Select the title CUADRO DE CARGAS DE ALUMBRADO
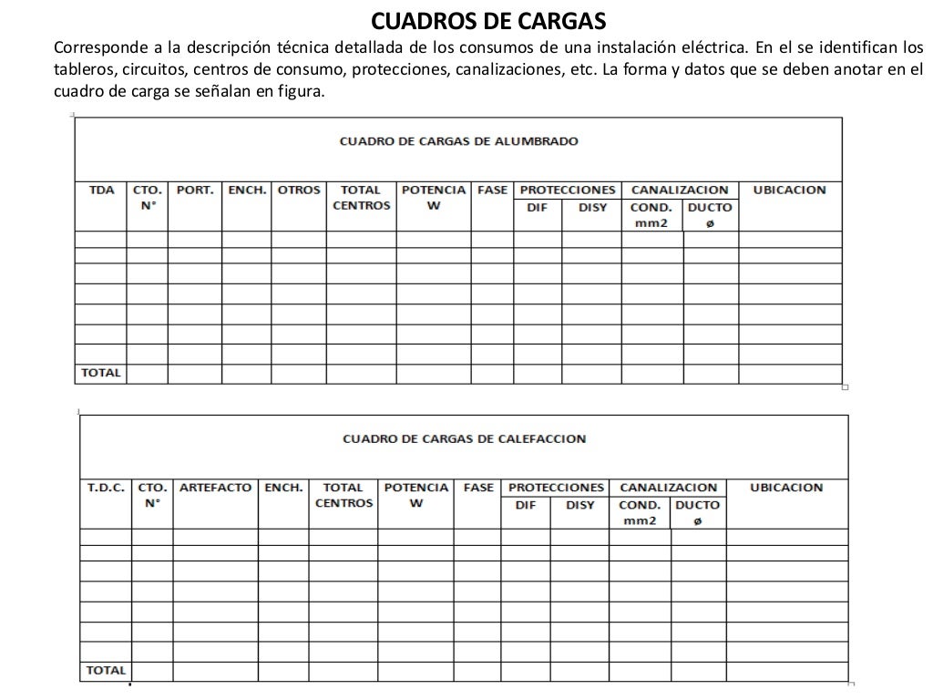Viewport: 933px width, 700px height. click(x=458, y=141)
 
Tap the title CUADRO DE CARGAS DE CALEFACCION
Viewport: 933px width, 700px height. click(x=464, y=438)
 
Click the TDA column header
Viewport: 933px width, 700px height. click(x=102, y=190)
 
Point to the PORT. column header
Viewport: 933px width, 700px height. click(x=195, y=190)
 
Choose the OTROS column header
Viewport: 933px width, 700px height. click(x=299, y=190)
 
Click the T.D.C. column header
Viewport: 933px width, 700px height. click(x=106, y=488)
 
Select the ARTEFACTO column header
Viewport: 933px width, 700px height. click(x=215, y=488)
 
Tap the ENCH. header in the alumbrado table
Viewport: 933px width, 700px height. click(x=247, y=190)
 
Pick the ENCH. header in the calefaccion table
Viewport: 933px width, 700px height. click(x=283, y=488)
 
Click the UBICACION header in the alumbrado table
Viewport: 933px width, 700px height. click(x=789, y=190)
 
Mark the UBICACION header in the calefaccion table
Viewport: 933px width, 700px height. click(x=785, y=488)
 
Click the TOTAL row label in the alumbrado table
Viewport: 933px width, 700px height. click(x=101, y=373)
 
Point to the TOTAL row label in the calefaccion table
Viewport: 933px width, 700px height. click(x=106, y=670)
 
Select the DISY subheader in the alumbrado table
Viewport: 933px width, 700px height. click(x=592, y=207)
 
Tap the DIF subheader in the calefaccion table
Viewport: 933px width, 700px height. click(x=526, y=504)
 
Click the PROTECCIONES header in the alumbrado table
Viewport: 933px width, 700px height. click(x=567, y=190)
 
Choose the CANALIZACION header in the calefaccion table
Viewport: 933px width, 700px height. click(x=668, y=488)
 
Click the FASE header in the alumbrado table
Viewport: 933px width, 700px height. click(x=492, y=190)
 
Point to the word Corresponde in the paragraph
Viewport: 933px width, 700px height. click(x=97, y=47)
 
